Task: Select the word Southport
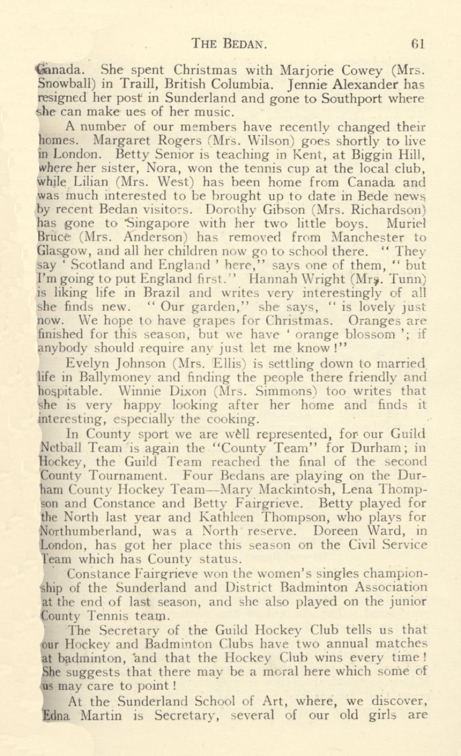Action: pos(370,98)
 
